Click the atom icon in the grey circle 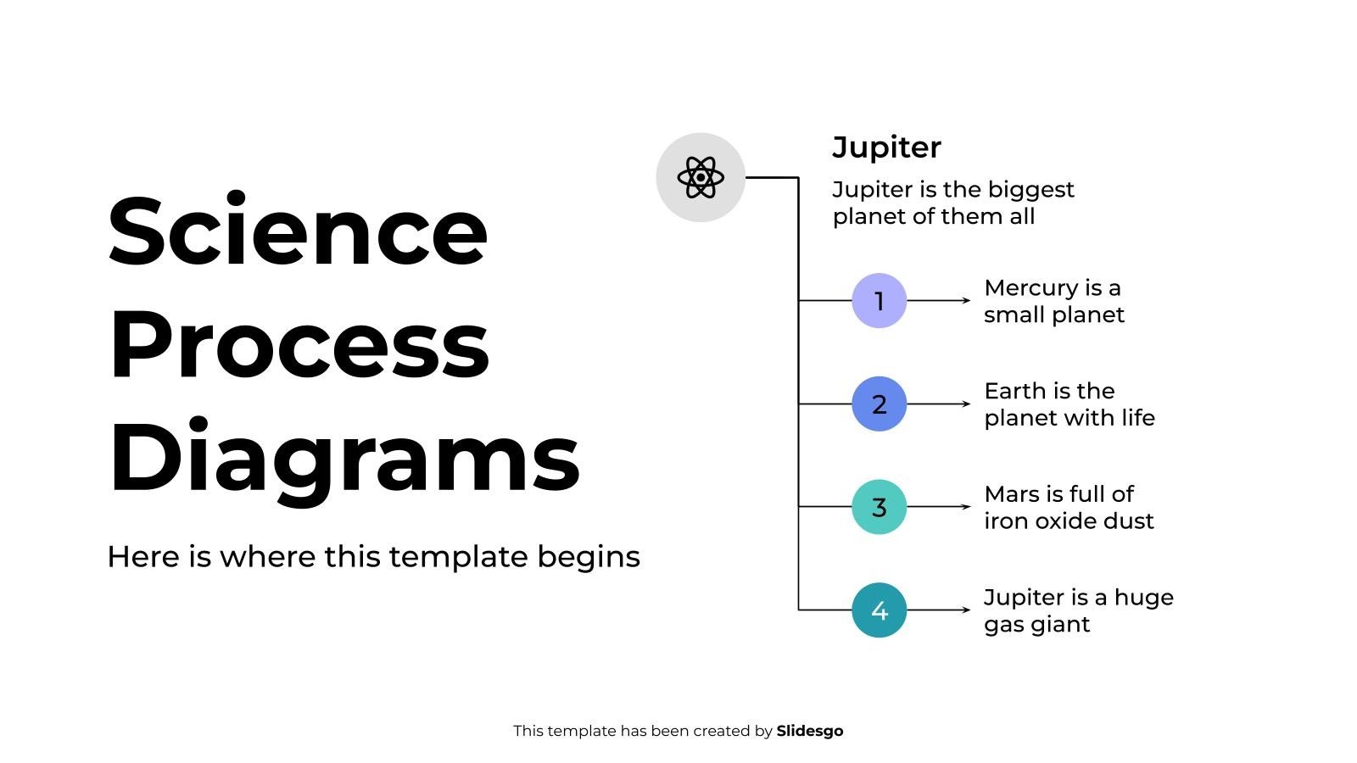(701, 177)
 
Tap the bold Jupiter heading (886, 148)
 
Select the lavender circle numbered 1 (879, 301)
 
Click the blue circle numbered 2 (879, 404)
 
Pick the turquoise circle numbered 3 (879, 507)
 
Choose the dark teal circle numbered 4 (879, 610)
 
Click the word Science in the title (298, 231)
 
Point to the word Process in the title (299, 343)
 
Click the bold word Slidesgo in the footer (809, 731)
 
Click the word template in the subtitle (458, 557)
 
